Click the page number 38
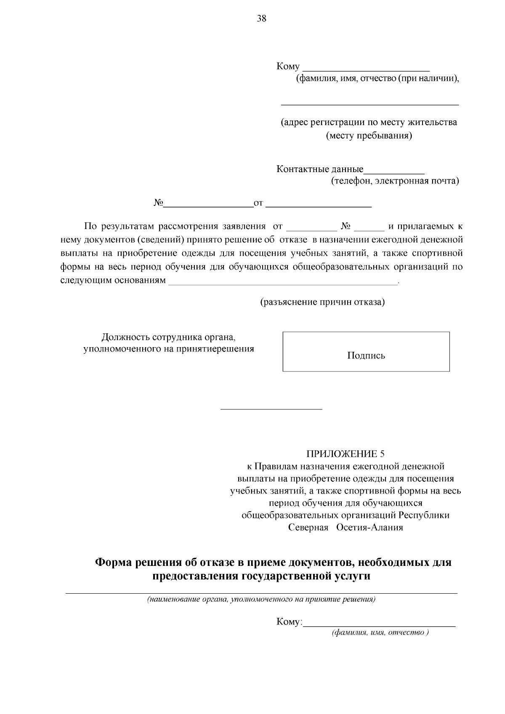coord(261,19)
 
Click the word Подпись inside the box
coord(366,356)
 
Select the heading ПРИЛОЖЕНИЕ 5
coord(345,454)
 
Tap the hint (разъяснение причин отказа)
coord(323,302)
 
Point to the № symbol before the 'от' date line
coord(158,203)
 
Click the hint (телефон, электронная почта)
coord(394,181)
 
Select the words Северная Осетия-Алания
coord(346,528)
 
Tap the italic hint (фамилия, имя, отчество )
coord(380,633)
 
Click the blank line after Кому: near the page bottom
coord(379,626)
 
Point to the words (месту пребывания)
coord(369,136)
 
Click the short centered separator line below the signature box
coord(271,409)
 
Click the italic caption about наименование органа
coord(261,600)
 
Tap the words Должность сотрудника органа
coord(168,337)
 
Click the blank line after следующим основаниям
coord(283,284)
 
